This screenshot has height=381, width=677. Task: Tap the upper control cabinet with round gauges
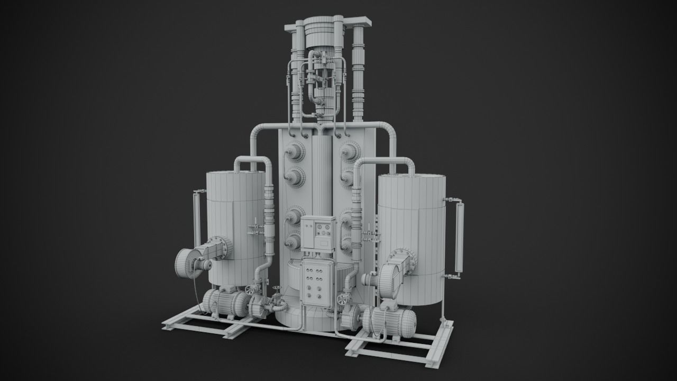[x=318, y=233]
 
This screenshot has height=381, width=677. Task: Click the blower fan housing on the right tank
[x=390, y=280]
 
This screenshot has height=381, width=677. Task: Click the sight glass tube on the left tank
[x=197, y=217]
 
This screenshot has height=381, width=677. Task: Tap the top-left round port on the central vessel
[x=295, y=152]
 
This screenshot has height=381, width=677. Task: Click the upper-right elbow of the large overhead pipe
[x=388, y=130]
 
